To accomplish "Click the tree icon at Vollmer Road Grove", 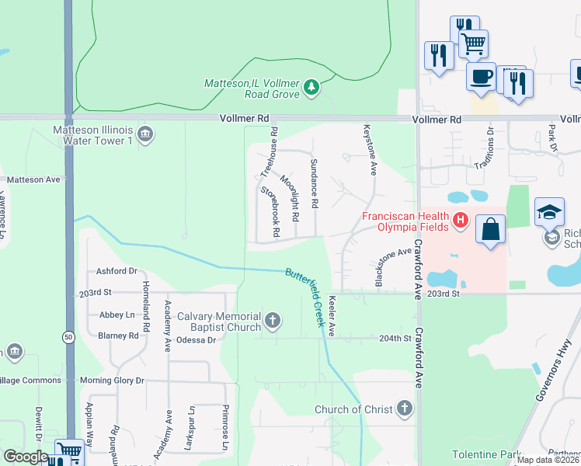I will coord(311,86).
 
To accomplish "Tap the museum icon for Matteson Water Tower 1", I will coord(144,136).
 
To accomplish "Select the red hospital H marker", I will coord(461,221).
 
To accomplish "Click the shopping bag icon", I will coord(490,229).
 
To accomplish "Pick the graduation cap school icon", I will coord(549,212).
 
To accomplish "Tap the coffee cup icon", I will coord(481,77).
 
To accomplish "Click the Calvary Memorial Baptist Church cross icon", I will coord(272,320).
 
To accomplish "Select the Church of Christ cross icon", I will coord(404,409).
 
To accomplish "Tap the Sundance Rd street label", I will coord(315,183).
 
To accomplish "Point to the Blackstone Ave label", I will coord(394,267).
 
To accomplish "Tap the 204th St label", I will coord(394,339).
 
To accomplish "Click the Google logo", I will coord(26,457).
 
